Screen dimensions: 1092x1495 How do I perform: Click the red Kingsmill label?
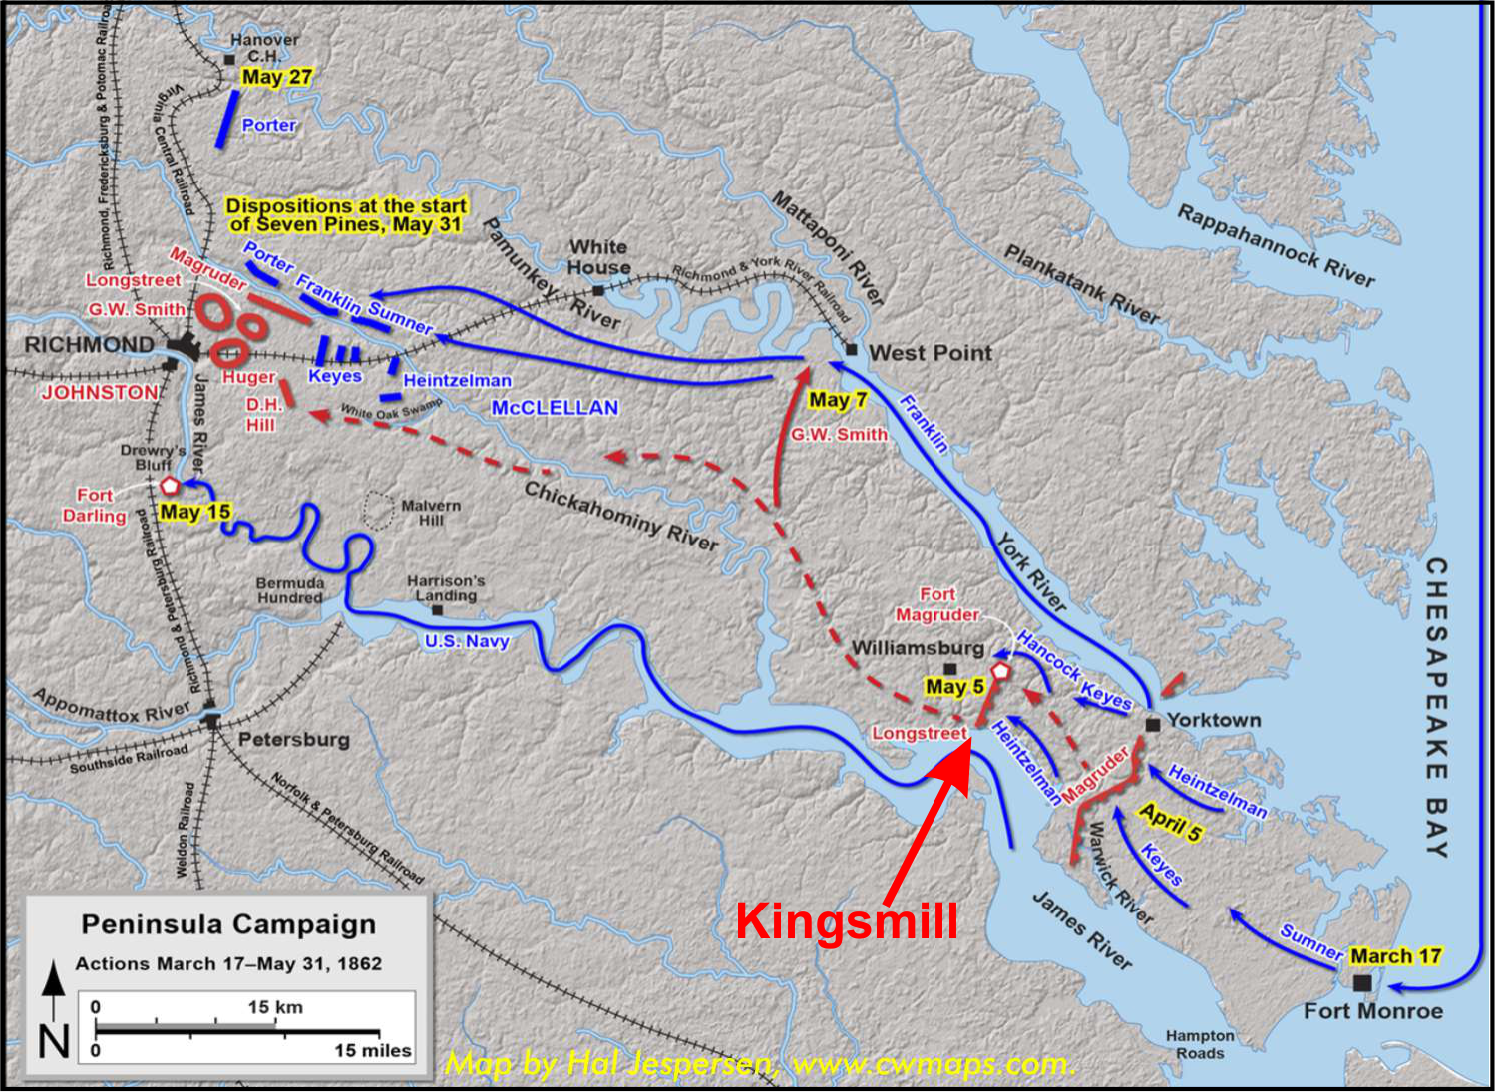[847, 919]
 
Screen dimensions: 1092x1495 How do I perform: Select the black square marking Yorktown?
[1152, 725]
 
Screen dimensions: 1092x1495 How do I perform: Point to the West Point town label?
[930, 352]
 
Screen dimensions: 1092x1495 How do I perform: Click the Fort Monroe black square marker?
[1362, 982]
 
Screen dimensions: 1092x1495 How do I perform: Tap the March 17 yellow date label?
[1395, 955]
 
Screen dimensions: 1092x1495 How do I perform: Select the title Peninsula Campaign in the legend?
[228, 924]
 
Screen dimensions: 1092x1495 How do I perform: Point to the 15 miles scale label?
[372, 1050]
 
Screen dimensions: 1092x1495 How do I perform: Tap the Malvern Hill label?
[431, 513]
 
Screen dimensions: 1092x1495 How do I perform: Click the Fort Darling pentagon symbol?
[170, 486]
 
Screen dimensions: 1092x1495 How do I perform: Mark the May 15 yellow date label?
[194, 512]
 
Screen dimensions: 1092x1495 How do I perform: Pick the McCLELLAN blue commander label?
[555, 407]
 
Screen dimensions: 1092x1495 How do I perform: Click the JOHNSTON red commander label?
[99, 392]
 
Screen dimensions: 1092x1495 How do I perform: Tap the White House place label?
[598, 256]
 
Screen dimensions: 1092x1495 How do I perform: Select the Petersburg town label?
[293, 739]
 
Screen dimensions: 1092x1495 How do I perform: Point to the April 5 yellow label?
[1170, 822]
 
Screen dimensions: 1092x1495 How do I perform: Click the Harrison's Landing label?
[445, 587]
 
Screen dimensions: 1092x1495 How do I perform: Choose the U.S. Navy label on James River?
[467, 641]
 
